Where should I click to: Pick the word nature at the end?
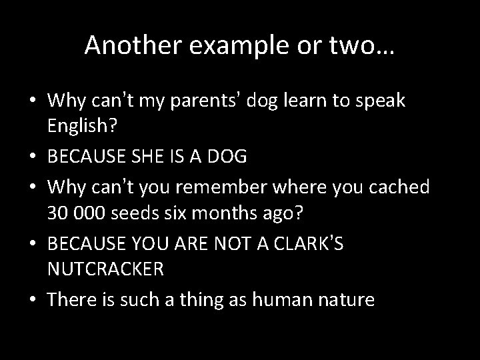click(345, 299)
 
